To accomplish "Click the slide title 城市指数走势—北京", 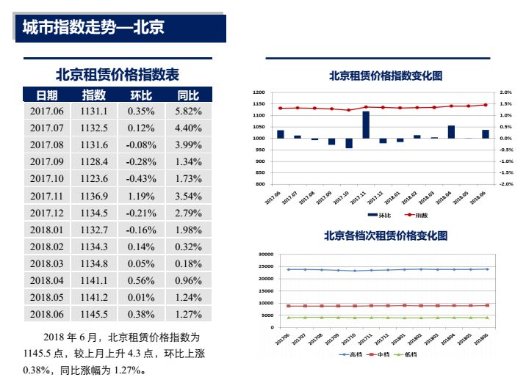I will point(93,28).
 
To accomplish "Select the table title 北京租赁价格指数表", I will point(118,75).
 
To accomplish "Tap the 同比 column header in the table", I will point(188,95).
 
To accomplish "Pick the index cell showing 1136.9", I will point(94,196).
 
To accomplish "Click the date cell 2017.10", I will point(48,179).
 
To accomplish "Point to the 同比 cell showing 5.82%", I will point(188,112).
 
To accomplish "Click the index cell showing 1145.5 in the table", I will point(94,314).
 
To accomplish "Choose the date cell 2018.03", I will point(48,263).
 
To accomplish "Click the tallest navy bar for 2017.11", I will point(366,125).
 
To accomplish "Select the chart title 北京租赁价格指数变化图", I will point(386,76).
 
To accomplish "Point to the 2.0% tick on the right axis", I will point(505,92).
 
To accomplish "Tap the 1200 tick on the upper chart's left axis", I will point(258,92).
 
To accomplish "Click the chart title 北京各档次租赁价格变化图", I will point(386,236).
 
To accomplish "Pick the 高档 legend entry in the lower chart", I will point(352,354).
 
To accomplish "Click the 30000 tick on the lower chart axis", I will point(264,254).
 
